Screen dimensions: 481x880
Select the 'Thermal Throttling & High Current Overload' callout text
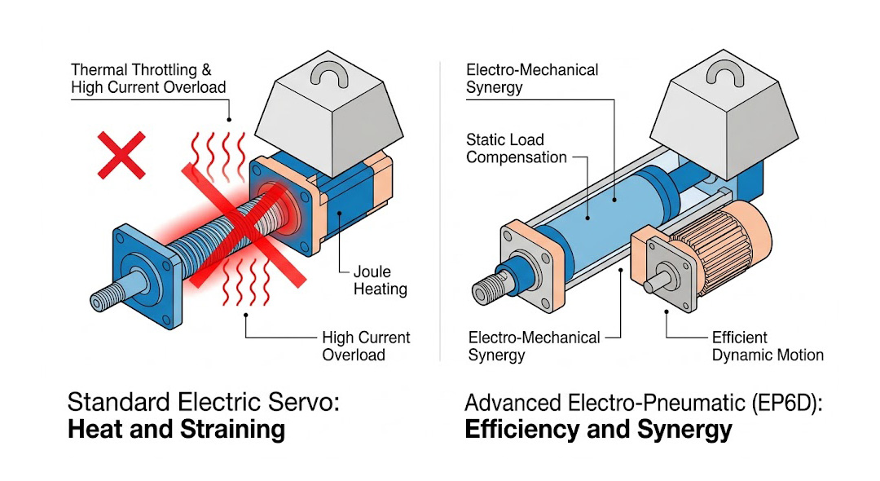point(147,78)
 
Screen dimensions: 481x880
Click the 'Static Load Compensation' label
point(516,148)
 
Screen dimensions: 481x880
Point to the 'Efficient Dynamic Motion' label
point(768,346)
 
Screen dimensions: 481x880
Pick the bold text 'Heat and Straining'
point(176,430)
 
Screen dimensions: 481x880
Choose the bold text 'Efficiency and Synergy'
point(598,430)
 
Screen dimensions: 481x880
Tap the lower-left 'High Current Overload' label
point(366,346)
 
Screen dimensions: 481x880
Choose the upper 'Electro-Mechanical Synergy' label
point(532,78)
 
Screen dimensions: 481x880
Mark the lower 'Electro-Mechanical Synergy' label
point(534,346)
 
